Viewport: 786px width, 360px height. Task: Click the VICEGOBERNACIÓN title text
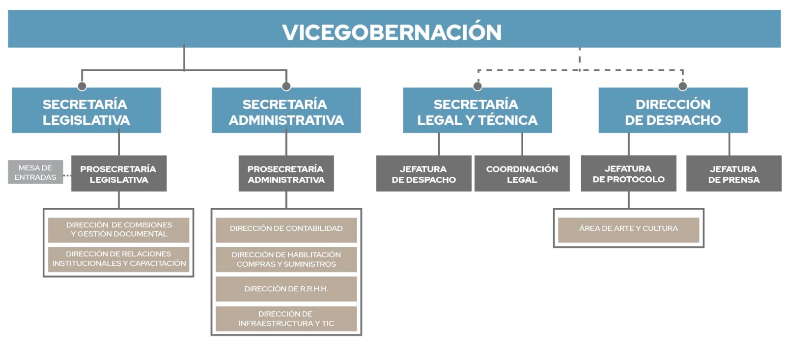392,32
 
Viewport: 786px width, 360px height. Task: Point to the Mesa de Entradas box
35,172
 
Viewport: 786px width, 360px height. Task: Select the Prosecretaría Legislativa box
118,174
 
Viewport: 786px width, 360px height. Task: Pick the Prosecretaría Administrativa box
286,174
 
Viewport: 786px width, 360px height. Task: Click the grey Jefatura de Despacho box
423,174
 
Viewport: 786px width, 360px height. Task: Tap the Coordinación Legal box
522,174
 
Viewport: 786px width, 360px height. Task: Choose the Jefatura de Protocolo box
628,174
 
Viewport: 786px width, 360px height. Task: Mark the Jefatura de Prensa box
733,174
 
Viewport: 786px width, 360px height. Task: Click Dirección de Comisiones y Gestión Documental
118,230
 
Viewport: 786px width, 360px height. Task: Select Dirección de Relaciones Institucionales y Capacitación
118,259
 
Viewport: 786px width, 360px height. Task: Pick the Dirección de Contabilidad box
286,229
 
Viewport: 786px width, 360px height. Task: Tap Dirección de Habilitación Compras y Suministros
286,260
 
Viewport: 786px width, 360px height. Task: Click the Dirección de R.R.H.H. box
286,289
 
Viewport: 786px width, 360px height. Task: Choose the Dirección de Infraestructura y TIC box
286,319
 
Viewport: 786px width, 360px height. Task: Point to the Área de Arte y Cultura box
628,229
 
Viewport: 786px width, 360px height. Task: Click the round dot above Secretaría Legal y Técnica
477,86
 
